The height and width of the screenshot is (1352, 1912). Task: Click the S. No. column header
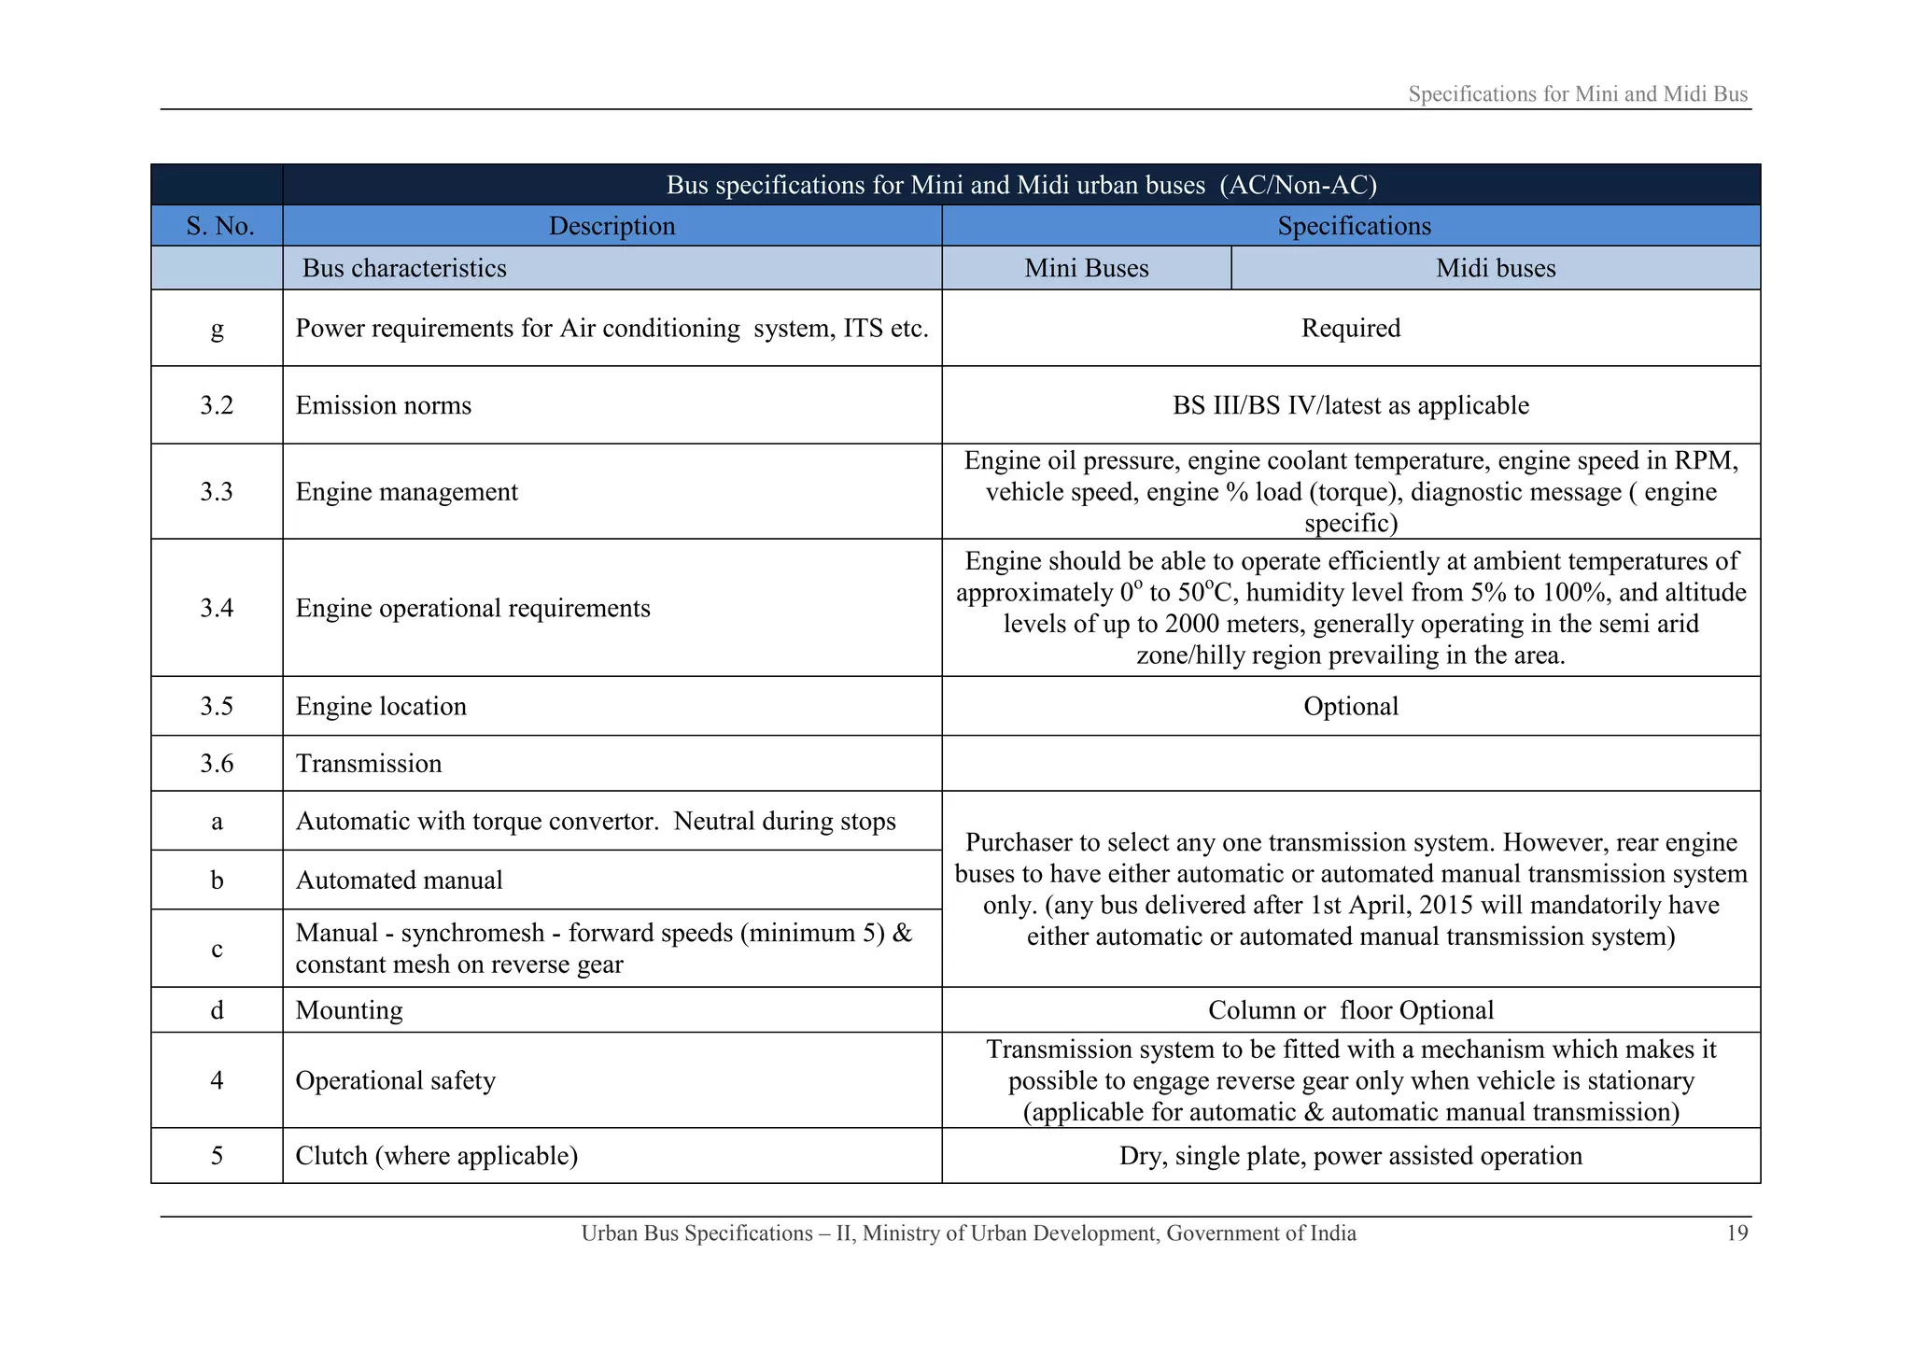click(219, 226)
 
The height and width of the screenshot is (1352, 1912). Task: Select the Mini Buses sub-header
click(1086, 268)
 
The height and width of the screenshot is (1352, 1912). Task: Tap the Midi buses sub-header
click(1495, 268)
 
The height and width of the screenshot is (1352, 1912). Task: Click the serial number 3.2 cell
click(217, 405)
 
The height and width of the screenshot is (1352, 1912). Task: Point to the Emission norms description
click(384, 405)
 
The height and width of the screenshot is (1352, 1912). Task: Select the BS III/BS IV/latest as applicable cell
click(1350, 405)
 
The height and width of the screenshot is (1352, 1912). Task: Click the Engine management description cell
click(406, 492)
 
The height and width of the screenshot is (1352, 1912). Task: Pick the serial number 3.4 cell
click(217, 608)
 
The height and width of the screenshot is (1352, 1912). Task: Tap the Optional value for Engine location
click(1350, 706)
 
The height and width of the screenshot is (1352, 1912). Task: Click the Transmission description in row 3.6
click(369, 764)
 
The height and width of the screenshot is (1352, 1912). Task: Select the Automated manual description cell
click(399, 880)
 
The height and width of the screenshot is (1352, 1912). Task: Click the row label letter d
click(217, 1010)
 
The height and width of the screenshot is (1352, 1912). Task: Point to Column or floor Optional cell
click(1350, 1010)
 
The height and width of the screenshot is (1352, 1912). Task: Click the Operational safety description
click(395, 1080)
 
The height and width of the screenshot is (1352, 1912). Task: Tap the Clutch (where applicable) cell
click(436, 1156)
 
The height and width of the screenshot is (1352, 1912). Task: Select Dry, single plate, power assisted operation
click(1350, 1156)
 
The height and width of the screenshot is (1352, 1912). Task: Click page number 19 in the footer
click(1736, 1233)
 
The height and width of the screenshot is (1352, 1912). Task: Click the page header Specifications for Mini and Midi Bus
click(1577, 94)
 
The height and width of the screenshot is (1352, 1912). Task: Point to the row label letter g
click(217, 329)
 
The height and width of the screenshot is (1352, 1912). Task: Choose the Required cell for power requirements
click(1350, 329)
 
